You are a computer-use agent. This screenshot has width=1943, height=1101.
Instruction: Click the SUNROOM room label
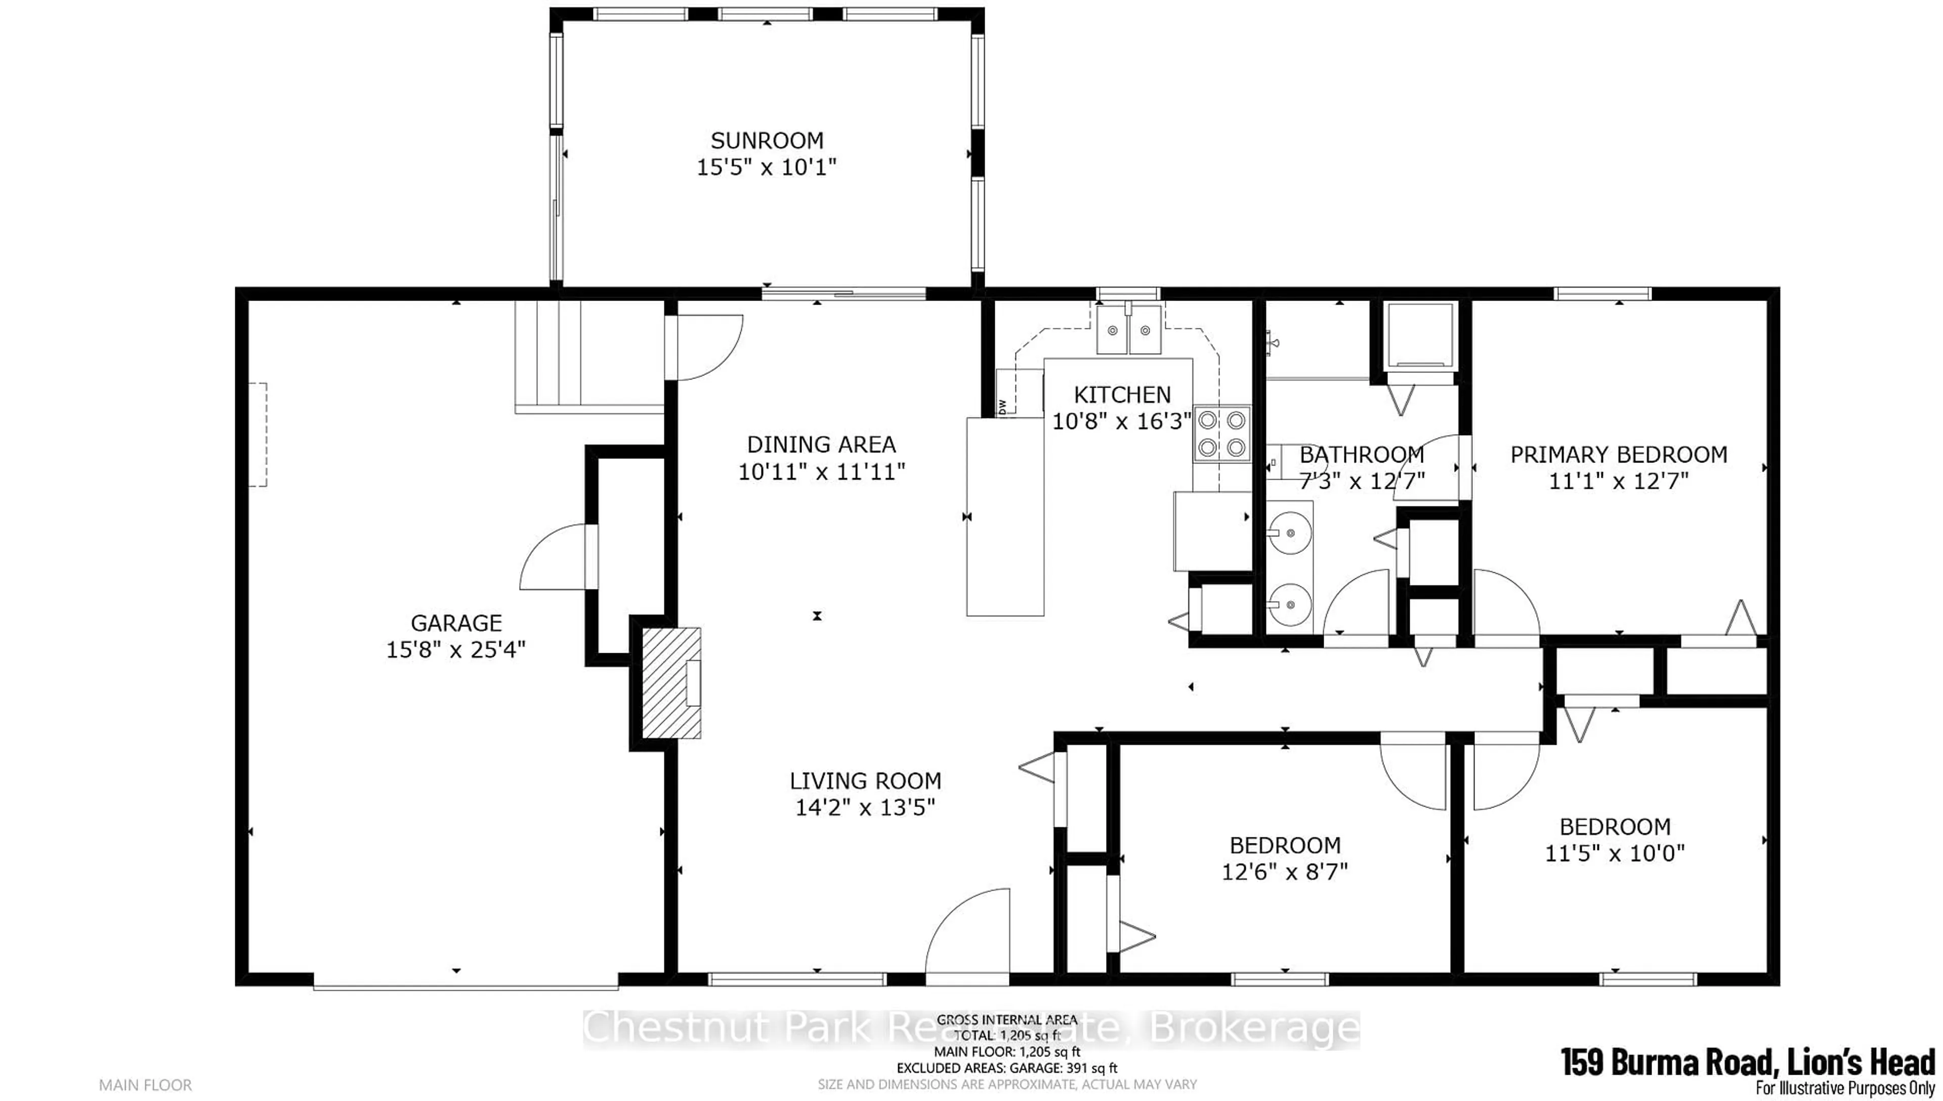(767, 141)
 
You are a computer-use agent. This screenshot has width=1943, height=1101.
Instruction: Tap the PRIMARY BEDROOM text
(1619, 454)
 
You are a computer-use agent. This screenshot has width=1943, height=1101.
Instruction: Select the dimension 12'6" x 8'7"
(1285, 872)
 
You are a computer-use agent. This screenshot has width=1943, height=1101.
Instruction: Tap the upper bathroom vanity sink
(1290, 533)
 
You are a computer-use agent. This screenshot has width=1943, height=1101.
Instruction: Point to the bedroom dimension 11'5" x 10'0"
(1614, 853)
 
